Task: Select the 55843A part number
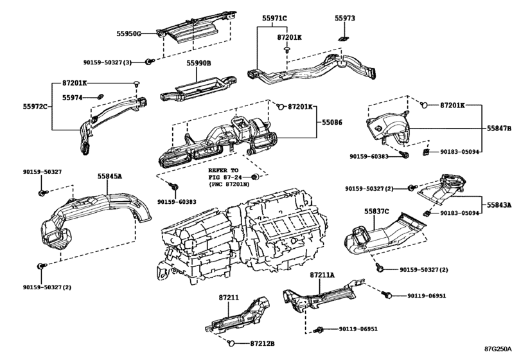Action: [x=497, y=205]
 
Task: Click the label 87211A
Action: [x=322, y=274]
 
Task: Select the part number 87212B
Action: [x=262, y=344]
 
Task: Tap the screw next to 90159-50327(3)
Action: [x=148, y=62]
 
